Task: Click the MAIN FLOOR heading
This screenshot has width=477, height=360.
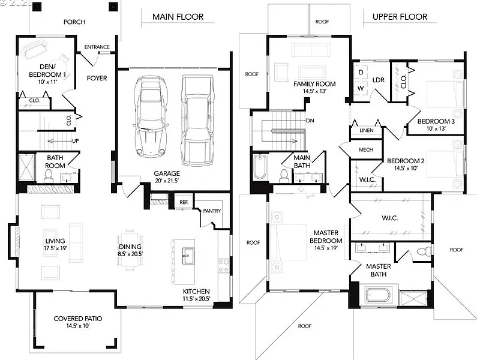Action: [x=178, y=17]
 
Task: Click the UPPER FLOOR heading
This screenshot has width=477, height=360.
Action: [x=400, y=17]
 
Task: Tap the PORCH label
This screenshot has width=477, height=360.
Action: [x=74, y=22]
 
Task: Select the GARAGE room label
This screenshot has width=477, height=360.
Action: [x=167, y=173]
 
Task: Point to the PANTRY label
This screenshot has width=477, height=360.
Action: [x=212, y=211]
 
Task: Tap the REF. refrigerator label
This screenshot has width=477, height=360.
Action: [x=184, y=202]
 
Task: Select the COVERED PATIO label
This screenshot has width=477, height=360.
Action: [x=78, y=319]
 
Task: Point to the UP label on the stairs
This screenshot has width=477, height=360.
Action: [x=76, y=141]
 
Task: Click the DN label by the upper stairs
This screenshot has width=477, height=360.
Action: [x=310, y=121]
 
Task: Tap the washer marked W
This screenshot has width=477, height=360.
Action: [x=361, y=89]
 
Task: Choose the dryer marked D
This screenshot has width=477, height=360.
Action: [x=361, y=73]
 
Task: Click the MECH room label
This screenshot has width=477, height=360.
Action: [x=365, y=150]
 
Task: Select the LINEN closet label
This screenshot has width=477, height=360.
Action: [x=366, y=130]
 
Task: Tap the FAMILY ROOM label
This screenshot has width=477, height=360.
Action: [x=314, y=84]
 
